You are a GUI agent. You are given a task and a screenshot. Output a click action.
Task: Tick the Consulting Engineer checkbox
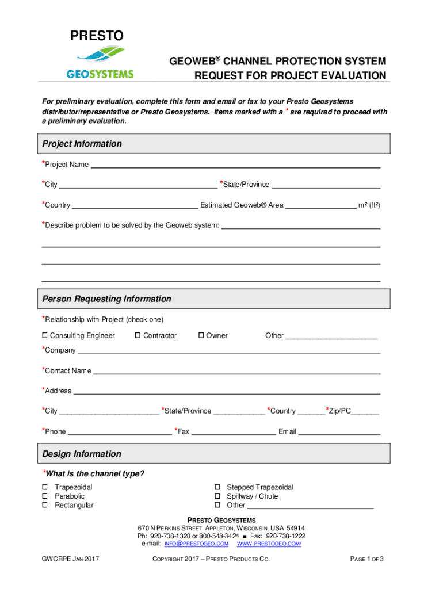pyautogui.click(x=44, y=336)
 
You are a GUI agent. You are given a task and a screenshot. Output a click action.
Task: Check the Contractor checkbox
pyautogui.click(x=138, y=336)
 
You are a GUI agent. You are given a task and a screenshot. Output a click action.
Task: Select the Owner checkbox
pyautogui.click(x=201, y=336)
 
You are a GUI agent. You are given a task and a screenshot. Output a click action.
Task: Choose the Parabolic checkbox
pyautogui.click(x=44, y=496)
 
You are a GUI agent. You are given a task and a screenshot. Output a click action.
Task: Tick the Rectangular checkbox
pyautogui.click(x=44, y=506)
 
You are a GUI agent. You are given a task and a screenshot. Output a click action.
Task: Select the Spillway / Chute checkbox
pyautogui.click(x=218, y=496)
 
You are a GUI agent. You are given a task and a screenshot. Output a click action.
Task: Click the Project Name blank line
pyautogui.click(x=236, y=166)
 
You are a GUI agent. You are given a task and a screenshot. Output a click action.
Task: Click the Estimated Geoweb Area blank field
pyautogui.click(x=320, y=206)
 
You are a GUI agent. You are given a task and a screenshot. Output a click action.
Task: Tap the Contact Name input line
pyautogui.click(x=236, y=372)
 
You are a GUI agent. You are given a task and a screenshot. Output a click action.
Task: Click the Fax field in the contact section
pyautogui.click(x=233, y=433)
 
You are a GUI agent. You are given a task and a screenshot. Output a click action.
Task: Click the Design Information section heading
pyautogui.click(x=82, y=454)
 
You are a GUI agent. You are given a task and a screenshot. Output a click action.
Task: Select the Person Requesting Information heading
pyautogui.click(x=106, y=299)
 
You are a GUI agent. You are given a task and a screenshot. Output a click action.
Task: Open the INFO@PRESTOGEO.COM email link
pyautogui.click(x=196, y=544)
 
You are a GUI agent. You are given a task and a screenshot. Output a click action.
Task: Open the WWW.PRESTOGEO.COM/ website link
pyautogui.click(x=269, y=544)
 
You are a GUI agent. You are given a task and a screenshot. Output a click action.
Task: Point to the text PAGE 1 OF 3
pyautogui.click(x=366, y=559)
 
